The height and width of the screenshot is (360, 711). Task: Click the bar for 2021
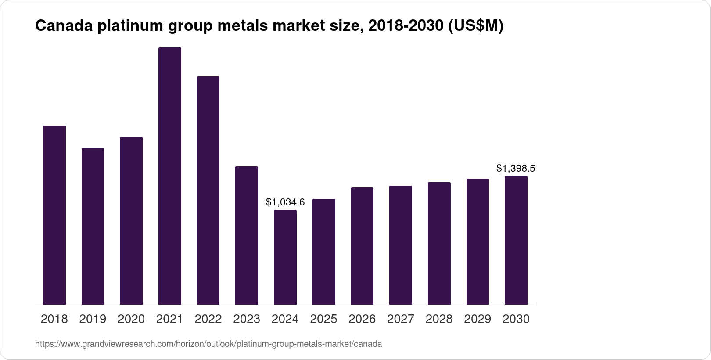pos(170,176)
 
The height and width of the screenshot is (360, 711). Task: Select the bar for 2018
pos(54,215)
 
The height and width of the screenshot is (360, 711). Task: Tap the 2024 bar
pos(285,257)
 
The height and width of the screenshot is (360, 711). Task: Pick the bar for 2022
pos(208,191)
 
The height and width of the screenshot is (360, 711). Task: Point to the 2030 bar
pos(516,240)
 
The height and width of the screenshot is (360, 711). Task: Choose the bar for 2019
pos(93,226)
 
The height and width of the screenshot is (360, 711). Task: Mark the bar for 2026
pos(362,246)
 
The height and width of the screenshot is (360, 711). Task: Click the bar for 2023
pos(247,235)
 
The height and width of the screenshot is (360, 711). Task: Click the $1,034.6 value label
pos(285,202)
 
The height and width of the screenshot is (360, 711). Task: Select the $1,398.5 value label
pos(516,169)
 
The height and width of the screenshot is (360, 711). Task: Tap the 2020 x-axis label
pos(131,319)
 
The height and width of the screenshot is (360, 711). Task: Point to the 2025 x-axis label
pos(323,319)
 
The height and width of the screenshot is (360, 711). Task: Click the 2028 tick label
pos(439,319)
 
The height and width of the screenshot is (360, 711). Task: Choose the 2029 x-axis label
pos(478,319)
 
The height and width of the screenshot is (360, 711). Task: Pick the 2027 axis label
pos(401,319)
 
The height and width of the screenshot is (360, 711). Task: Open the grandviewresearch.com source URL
pos(208,344)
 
